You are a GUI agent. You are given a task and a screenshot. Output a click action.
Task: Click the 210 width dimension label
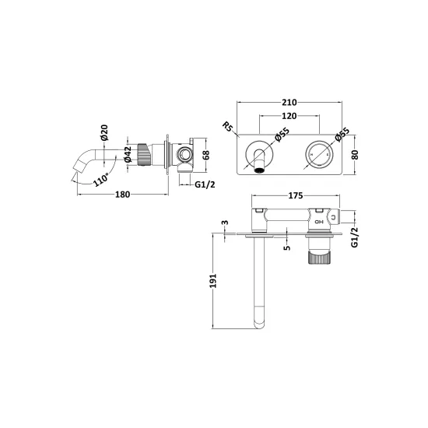point(289,103)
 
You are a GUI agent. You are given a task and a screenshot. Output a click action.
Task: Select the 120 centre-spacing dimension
point(289,116)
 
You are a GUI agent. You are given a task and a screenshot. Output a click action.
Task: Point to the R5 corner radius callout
point(227,127)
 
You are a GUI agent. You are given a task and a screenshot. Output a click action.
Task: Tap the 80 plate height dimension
point(355,155)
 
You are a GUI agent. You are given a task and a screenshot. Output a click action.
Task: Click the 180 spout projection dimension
point(122,195)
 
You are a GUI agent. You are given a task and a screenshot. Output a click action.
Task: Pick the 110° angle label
point(100,180)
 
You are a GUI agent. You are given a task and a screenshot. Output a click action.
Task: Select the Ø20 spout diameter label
point(104,132)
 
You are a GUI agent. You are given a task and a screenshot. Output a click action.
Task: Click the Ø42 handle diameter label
point(128,155)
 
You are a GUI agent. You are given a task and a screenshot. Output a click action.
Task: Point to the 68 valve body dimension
point(206,155)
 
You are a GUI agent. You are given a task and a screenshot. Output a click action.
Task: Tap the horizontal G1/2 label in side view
point(205,184)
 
